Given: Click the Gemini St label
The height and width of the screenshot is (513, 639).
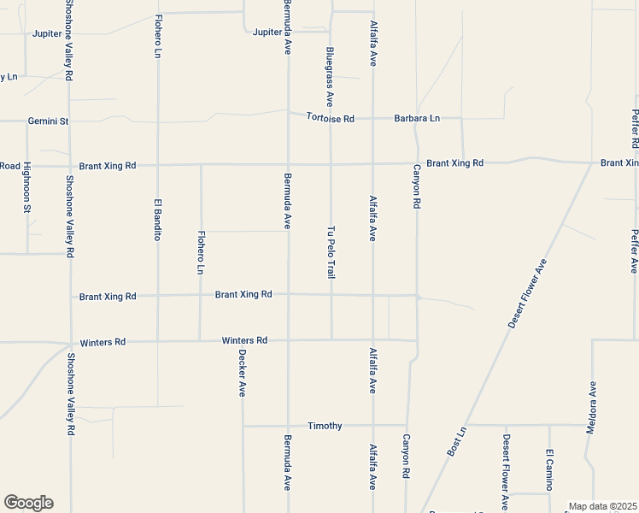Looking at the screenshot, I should [x=48, y=121].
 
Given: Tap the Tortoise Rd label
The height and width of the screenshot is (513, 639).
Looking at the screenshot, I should [x=331, y=119].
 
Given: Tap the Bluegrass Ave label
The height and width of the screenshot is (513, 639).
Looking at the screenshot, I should [x=330, y=72].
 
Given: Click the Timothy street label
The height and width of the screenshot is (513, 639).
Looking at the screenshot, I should [x=325, y=426].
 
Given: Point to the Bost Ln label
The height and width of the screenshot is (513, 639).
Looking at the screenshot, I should [x=457, y=440].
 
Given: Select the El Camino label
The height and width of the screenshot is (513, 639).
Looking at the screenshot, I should [x=549, y=468].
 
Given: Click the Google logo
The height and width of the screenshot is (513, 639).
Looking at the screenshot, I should [x=28, y=503].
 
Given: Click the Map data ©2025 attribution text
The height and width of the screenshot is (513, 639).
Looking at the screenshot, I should [x=603, y=506].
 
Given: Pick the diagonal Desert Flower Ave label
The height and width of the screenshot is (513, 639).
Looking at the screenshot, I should [x=528, y=294].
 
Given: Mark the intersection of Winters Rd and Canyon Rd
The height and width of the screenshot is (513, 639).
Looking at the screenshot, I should [x=417, y=340].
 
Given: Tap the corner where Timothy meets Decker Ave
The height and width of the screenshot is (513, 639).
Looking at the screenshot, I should [x=243, y=425].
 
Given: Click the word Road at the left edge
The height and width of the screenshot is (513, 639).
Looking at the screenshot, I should [x=9, y=166].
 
